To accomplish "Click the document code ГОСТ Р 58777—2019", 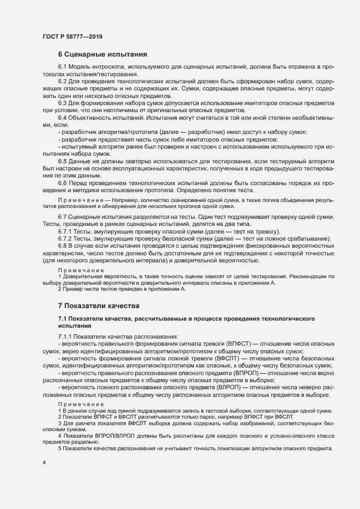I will click(72, 36).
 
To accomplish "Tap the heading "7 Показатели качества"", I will click(99, 305).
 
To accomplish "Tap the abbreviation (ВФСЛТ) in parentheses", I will click(234, 359).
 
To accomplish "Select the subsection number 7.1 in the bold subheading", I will click(63, 317).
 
